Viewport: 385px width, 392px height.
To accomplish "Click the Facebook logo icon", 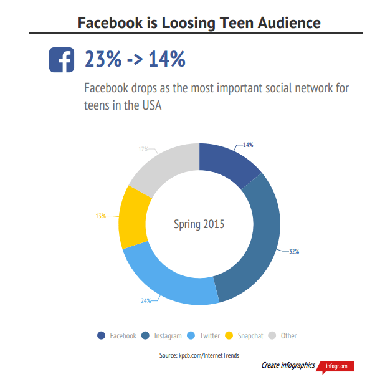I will pos(61,60).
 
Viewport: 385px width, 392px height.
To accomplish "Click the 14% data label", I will pos(248,145).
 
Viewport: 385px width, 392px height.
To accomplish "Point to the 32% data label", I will pos(294,251).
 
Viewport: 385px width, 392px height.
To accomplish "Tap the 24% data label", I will pos(146,301).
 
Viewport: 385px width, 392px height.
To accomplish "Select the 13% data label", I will pos(100,216).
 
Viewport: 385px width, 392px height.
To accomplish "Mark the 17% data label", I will pos(143,150).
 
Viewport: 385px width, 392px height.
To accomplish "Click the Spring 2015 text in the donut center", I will pos(199,224).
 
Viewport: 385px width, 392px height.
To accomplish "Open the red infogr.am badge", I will pos(337,366).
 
